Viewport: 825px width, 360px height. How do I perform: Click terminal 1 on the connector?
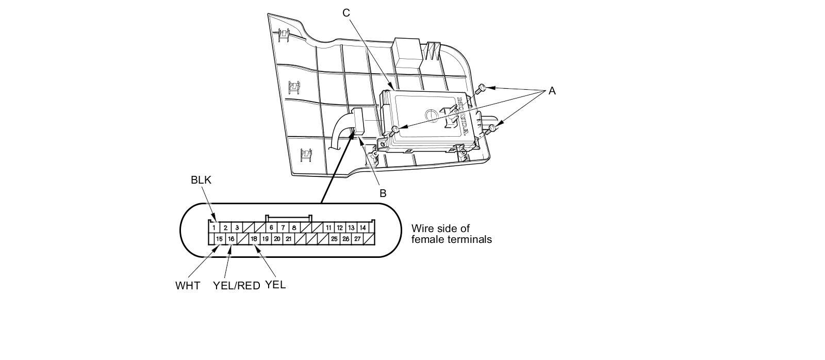click(x=213, y=227)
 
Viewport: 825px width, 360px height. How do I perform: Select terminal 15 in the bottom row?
click(x=219, y=239)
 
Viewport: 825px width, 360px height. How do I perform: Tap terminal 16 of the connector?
click(x=231, y=239)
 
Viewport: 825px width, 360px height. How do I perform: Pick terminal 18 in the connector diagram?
click(x=254, y=239)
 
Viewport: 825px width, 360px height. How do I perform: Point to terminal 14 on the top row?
click(x=363, y=227)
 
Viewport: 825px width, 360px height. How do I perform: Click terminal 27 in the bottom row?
click(x=357, y=239)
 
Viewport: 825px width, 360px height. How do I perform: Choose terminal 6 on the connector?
click(x=271, y=227)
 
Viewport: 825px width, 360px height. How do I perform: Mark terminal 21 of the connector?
click(x=289, y=239)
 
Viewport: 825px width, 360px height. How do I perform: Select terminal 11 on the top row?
click(x=328, y=227)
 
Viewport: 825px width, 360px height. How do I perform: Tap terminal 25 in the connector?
click(x=334, y=239)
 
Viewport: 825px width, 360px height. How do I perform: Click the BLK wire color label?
click(x=201, y=180)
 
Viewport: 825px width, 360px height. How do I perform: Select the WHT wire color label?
click(x=188, y=286)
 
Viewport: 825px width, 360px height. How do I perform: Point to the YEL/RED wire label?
click(x=237, y=286)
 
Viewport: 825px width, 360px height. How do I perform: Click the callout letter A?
click(x=552, y=91)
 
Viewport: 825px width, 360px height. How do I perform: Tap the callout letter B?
click(x=383, y=193)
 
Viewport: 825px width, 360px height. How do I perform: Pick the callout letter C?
click(x=346, y=12)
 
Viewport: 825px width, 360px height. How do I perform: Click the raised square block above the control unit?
click(x=407, y=52)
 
